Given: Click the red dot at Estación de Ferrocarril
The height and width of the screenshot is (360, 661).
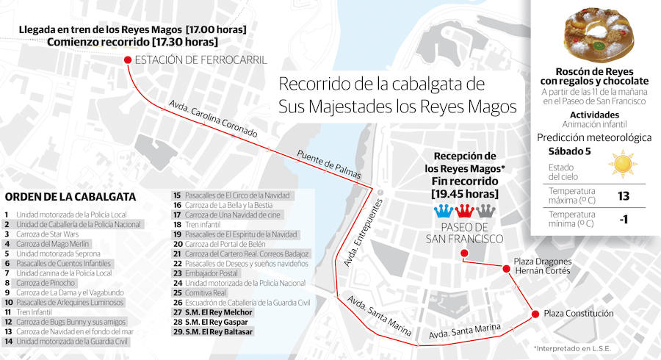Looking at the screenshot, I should coord(128,60).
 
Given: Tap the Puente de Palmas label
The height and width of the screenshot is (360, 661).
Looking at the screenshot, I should coord(329,165).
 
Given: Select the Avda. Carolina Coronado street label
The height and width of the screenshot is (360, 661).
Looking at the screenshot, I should coord(213,120).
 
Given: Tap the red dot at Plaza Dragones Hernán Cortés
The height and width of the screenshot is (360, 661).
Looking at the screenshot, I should coord(505,269).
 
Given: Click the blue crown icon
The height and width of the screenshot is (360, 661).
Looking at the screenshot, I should coord(444,212).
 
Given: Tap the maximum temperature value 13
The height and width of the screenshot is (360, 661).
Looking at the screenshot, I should coord(623,195).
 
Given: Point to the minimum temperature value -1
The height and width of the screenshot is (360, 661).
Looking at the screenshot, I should coord(623,218).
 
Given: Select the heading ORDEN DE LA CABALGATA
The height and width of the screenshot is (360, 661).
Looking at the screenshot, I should coord(70,197).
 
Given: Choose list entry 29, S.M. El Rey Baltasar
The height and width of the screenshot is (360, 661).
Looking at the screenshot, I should coord(212,332).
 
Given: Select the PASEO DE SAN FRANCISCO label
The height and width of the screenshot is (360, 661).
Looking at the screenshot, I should coord(465,234).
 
